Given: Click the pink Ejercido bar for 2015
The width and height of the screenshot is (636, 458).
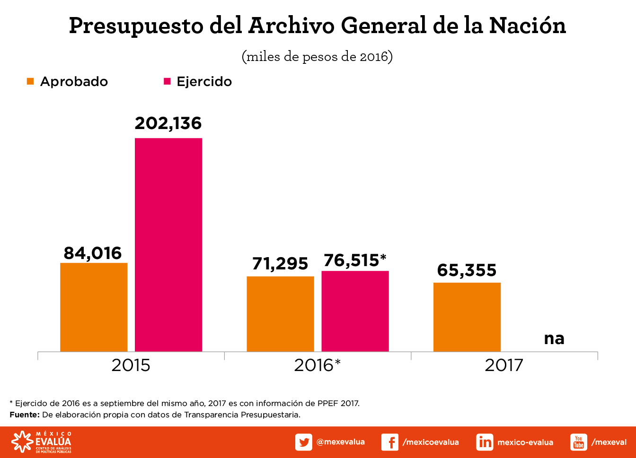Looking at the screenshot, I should pyautogui.click(x=168, y=244).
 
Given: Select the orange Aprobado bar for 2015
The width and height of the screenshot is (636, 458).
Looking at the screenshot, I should pyautogui.click(x=94, y=307).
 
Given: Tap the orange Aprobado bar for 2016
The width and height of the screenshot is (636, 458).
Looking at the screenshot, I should pyautogui.click(x=280, y=313).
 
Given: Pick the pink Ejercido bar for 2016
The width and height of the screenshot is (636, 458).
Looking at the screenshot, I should pyautogui.click(x=355, y=311).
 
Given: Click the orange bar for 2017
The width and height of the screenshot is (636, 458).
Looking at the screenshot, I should pyautogui.click(x=467, y=317).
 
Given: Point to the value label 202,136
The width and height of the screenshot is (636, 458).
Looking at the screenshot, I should pyautogui.click(x=168, y=123).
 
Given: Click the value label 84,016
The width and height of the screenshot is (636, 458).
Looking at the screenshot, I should pyautogui.click(x=93, y=253).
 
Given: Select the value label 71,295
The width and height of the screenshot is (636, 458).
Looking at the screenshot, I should pyautogui.click(x=280, y=264).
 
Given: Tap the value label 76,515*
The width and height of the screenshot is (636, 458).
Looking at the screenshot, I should pyautogui.click(x=355, y=260).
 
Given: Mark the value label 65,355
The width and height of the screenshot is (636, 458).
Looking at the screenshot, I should pyautogui.click(x=467, y=270).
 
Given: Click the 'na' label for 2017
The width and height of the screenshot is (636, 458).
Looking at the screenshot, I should pyautogui.click(x=554, y=338).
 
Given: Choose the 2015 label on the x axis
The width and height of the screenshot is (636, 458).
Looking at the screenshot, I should pyautogui.click(x=131, y=365).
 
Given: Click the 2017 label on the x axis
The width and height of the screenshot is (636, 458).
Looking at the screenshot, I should pyautogui.click(x=504, y=365).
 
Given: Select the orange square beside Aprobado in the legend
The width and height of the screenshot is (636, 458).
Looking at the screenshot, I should pyautogui.click(x=30, y=81).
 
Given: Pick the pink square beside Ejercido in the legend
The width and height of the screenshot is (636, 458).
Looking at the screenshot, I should pyautogui.click(x=167, y=81).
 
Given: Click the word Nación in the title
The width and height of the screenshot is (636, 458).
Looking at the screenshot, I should pyautogui.click(x=527, y=26).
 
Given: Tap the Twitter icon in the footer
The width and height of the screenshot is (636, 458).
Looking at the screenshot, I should pyautogui.click(x=303, y=442).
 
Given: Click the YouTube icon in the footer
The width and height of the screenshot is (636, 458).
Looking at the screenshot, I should pyautogui.click(x=578, y=442).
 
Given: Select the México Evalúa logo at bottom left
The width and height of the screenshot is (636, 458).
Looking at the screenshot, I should pyautogui.click(x=42, y=442).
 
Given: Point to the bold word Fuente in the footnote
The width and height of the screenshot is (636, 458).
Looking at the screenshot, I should pyautogui.click(x=25, y=415).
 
